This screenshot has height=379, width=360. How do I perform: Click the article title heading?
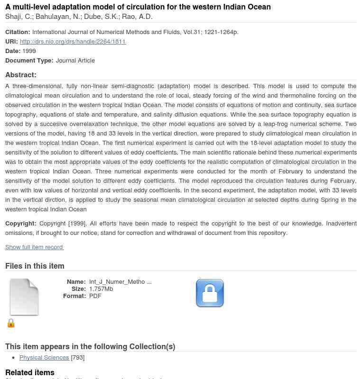pyautogui.click(x=138, y=7)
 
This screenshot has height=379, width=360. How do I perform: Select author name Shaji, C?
pyautogui.click(x=18, y=17)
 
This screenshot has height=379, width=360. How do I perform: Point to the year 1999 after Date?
pyautogui.click(x=29, y=51)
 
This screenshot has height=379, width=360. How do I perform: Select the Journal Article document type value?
pyautogui.click(x=75, y=61)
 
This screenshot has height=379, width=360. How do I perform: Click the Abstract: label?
pyautogui.click(x=21, y=75)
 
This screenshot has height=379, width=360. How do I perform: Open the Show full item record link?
pyautogui.click(x=34, y=247)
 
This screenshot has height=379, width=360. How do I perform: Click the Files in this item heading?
pyautogui.click(x=35, y=266)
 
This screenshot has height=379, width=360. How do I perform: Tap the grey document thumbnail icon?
pyautogui.click(x=24, y=297)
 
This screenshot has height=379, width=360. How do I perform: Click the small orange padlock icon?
pyautogui.click(x=11, y=323)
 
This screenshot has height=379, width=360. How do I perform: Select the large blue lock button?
pyautogui.click(x=210, y=293)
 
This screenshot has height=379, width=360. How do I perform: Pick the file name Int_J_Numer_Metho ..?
pyautogui.click(x=120, y=282)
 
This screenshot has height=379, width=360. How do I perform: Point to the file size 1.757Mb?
pyautogui.click(x=101, y=289)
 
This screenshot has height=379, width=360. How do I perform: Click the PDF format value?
pyautogui.click(x=95, y=296)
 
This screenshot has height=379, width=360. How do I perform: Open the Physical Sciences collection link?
pyautogui.click(x=44, y=358)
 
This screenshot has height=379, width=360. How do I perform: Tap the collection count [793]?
pyautogui.click(x=78, y=358)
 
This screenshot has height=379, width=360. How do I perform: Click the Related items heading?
pyautogui.click(x=30, y=372)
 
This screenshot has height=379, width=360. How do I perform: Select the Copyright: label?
pyautogui.click(x=21, y=224)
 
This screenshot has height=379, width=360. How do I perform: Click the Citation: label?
pyautogui.click(x=18, y=32)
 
